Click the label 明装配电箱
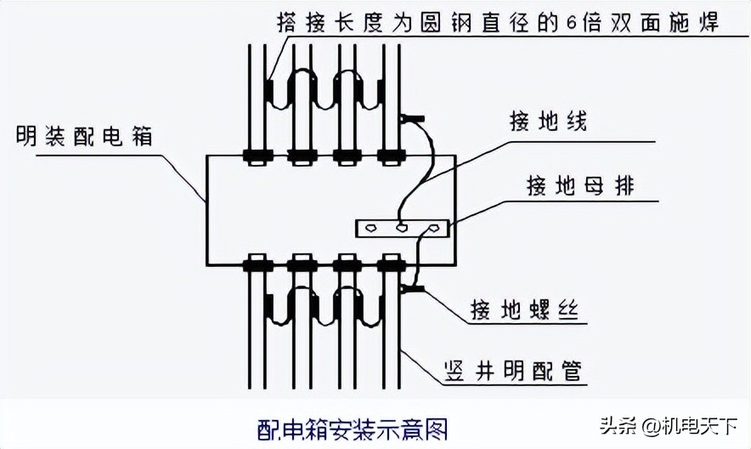pos(84,136)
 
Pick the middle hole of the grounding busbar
pos(401,228)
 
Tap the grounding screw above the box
pos(413,118)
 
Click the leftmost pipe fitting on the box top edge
pos(257,156)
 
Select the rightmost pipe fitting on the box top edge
pos(390,156)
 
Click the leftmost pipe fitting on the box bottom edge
pos(257,264)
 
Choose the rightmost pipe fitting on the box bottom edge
pos(390,264)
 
